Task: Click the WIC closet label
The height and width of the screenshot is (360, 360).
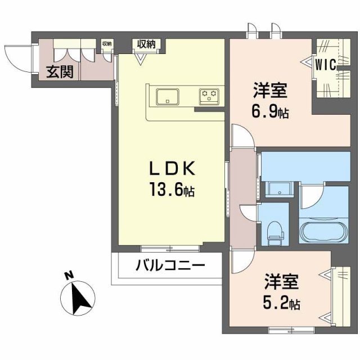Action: (325, 65)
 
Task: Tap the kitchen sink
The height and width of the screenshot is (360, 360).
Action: (168, 96)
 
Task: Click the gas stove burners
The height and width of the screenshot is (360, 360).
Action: (210, 96)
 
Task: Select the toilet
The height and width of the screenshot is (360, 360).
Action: (275, 232)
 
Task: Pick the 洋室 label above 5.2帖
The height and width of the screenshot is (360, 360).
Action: (281, 281)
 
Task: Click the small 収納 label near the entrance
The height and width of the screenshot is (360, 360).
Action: (107, 43)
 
